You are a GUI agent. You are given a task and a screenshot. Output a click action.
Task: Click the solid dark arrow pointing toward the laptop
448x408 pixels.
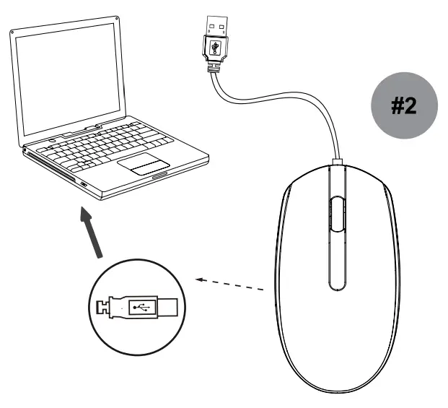tap(92, 233)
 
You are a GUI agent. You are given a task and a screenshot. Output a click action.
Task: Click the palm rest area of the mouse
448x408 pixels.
tap(335, 339)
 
